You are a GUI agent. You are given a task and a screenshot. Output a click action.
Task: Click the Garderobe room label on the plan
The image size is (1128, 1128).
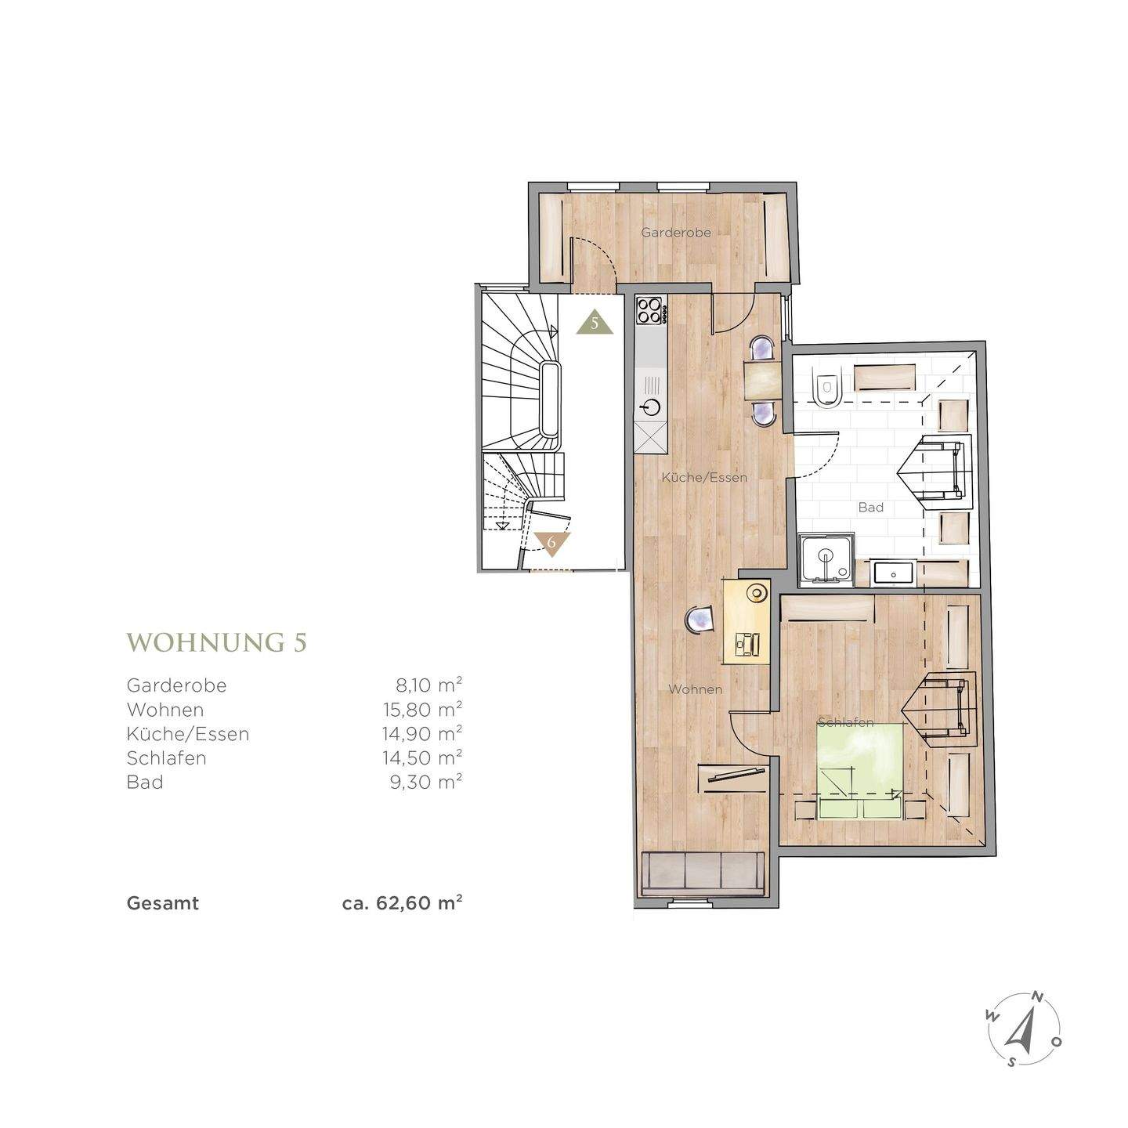coord(675,233)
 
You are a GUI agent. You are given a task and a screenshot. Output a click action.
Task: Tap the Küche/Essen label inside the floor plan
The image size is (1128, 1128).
coord(704,477)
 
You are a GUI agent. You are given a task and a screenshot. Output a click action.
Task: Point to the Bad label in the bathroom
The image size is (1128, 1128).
coord(870,507)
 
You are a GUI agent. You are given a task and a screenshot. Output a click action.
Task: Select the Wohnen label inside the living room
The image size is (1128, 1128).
coord(695,689)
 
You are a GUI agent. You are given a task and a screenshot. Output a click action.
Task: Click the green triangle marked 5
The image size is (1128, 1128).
coord(594,322)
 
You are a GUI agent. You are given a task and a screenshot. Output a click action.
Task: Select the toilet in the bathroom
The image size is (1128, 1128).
coord(826,388)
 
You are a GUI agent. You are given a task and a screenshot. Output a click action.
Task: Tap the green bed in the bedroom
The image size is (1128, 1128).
coord(860,771)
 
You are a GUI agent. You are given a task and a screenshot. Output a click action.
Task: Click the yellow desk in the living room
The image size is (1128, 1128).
coord(747,621)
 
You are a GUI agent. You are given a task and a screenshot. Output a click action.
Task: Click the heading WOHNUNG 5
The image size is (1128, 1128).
coord(216,642)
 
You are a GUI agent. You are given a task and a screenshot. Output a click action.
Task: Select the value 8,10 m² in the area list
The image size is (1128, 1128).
coord(429,685)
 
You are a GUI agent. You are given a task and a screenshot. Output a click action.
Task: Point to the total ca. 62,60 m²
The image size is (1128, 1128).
coord(403,902)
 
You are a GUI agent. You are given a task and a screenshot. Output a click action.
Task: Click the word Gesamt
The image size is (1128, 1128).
coord(163,903)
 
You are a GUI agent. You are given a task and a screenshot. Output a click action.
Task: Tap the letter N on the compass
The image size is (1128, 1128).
coord(1037,996)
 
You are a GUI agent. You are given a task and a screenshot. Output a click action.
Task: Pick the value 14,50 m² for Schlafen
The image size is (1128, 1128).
coord(423,757)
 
